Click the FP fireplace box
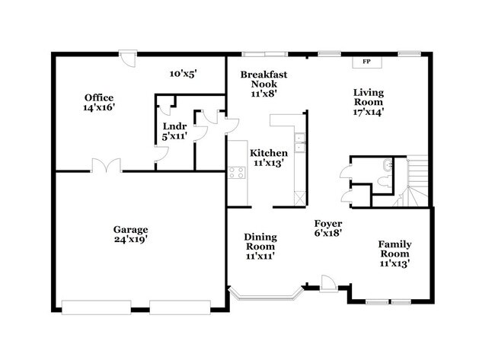click(366, 61)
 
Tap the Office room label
click(99, 97)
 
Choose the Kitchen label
click(269, 151)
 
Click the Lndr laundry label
click(170, 126)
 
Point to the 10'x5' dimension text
click(183, 74)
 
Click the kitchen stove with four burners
click(236, 171)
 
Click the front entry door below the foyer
click(327, 282)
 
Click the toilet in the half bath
click(389, 164)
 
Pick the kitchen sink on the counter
click(301, 139)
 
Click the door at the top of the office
click(131, 58)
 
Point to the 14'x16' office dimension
click(99, 108)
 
